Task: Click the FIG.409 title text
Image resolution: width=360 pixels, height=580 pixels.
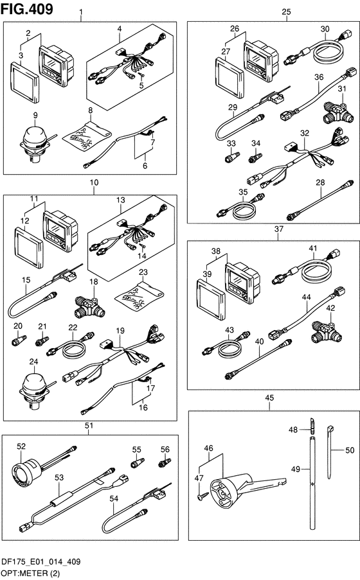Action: click(x=26, y=9)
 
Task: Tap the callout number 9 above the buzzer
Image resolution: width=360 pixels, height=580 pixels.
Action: click(x=35, y=115)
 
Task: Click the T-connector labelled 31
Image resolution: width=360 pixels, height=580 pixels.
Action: click(x=339, y=112)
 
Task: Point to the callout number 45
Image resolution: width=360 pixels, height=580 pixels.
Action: click(x=269, y=398)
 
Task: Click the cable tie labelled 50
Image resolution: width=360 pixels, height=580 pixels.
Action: click(x=330, y=452)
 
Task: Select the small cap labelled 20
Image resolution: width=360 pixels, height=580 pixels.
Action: click(x=19, y=340)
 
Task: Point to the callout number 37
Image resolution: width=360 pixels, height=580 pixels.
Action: click(x=278, y=229)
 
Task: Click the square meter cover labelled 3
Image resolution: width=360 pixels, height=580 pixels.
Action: click(x=24, y=82)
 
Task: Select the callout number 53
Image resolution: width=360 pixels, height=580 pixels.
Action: click(x=59, y=477)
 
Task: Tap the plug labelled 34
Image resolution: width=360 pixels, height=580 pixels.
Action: click(x=255, y=158)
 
